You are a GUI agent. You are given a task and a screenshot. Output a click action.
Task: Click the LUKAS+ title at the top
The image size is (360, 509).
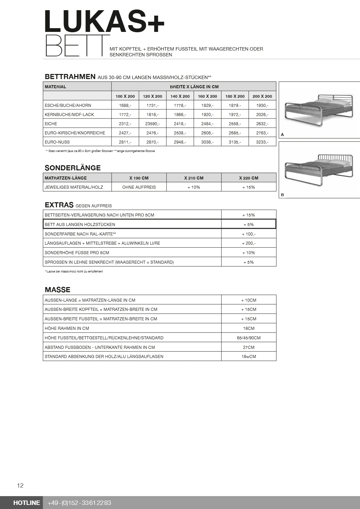click(104, 22)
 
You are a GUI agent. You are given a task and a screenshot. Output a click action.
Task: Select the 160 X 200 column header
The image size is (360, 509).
click(207, 96)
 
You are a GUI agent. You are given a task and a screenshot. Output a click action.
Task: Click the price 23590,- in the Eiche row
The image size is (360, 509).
click(152, 124)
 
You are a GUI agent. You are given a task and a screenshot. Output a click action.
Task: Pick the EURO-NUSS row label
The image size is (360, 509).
click(57, 142)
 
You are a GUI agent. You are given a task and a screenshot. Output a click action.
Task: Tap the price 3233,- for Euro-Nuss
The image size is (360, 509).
click(262, 142)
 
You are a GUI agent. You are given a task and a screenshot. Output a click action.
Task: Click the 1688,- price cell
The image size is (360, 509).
click(125, 106)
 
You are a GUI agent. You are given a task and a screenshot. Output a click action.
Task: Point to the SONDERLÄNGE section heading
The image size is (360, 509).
click(73, 168)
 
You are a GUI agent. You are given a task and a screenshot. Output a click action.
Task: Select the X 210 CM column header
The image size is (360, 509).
click(194, 178)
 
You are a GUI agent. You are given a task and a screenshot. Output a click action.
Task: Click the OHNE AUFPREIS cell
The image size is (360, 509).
click(139, 187)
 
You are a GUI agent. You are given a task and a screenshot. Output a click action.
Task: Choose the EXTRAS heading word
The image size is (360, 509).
click(59, 205)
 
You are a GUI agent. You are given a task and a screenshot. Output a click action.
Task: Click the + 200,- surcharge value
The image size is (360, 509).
click(249, 243)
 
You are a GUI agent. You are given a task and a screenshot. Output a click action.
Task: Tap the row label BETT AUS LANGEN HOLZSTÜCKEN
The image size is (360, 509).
click(80, 224)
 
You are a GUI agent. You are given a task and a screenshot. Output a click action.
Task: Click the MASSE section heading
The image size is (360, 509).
click(57, 290)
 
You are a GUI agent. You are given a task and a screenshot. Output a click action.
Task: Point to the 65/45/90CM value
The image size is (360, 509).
click(249, 338)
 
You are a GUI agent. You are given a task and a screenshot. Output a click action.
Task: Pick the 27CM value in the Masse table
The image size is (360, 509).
click(249, 347)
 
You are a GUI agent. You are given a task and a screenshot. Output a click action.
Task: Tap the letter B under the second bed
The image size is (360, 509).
click(283, 195)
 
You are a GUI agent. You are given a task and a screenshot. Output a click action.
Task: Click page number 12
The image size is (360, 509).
click(20, 486)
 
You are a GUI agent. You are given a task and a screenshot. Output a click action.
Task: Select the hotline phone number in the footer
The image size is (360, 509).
click(79, 503)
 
